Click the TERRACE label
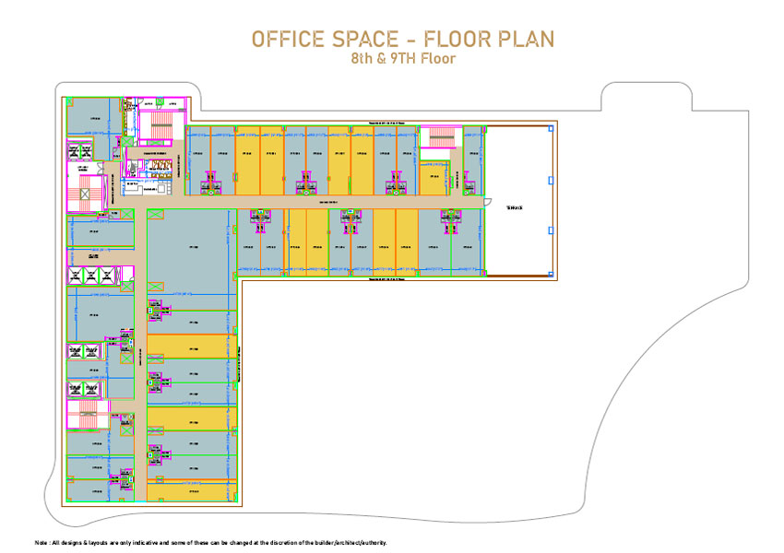click(514, 208)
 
